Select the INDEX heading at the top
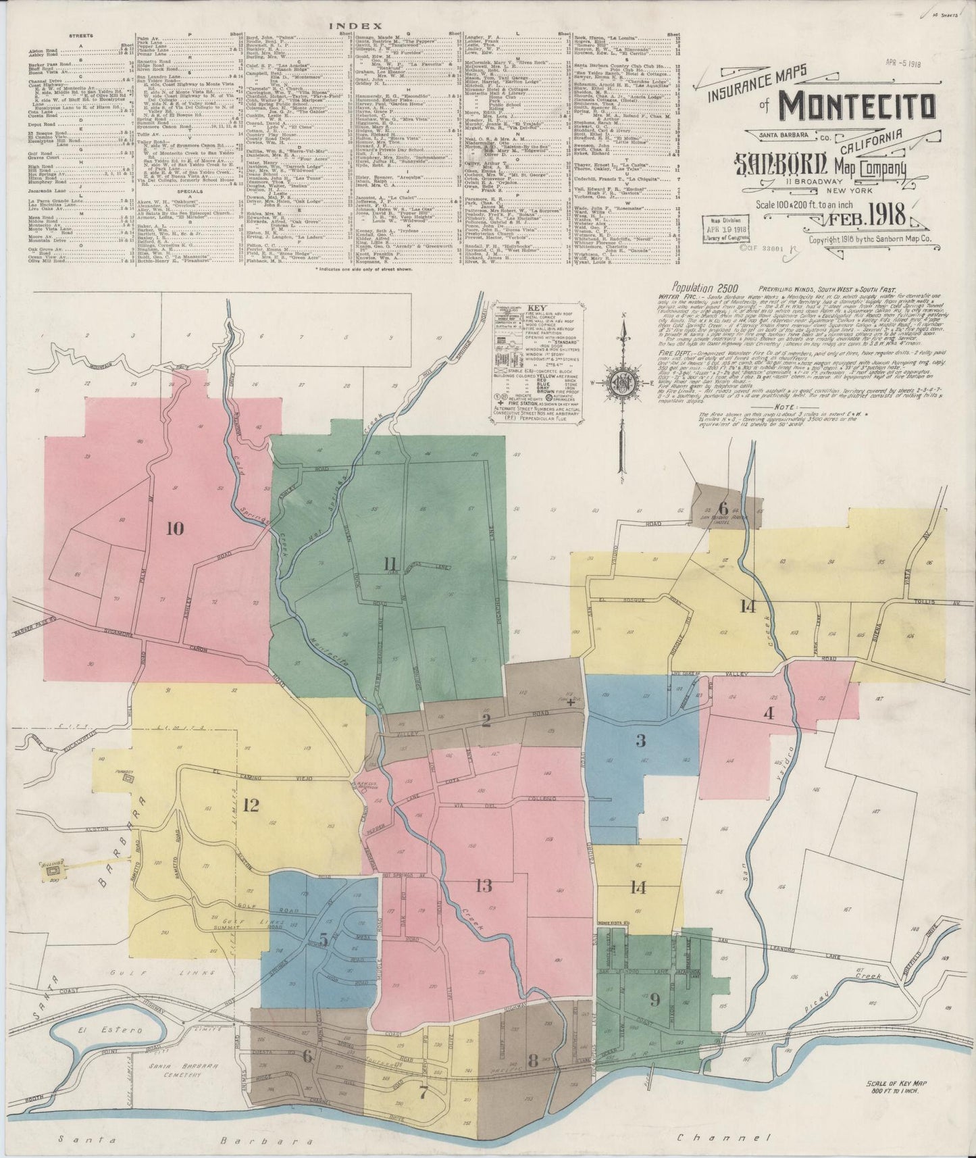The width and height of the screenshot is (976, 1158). click(347, 25)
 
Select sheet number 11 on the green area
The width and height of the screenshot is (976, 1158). click(390, 563)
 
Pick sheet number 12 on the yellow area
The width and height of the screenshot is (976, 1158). click(251, 805)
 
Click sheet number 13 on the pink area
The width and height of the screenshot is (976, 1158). click(484, 886)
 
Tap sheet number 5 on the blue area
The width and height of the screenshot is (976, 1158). click(324, 940)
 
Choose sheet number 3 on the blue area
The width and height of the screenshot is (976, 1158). click(640, 740)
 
